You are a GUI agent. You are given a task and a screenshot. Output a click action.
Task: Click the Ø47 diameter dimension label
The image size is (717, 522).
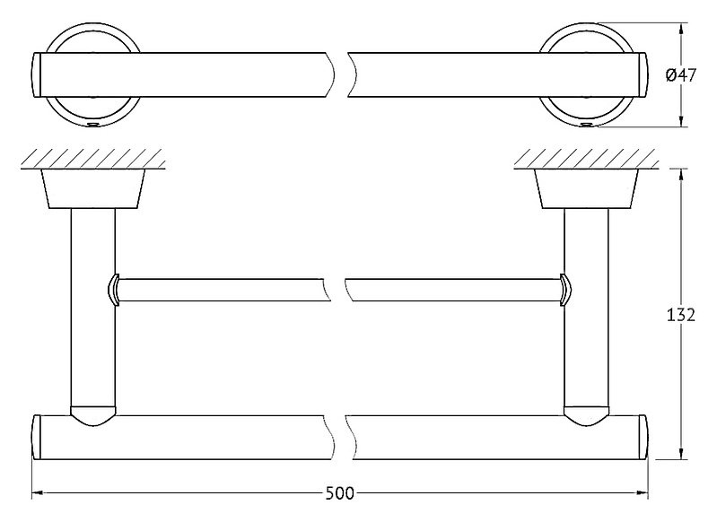(x=681, y=75)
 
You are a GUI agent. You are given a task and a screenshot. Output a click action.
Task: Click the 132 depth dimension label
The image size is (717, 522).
(x=680, y=315)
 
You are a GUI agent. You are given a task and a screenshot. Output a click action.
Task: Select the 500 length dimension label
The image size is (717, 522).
(x=340, y=493)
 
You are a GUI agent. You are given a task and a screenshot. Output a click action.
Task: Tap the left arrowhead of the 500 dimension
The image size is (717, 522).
(x=37, y=493)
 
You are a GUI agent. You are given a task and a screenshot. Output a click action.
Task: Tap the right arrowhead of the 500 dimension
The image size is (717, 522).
(x=643, y=493)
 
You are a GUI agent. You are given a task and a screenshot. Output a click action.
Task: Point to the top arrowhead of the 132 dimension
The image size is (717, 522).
(x=681, y=175)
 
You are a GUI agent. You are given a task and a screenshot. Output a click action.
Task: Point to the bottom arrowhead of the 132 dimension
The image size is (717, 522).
(x=681, y=453)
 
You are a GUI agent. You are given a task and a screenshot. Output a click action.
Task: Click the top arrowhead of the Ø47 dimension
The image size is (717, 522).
(x=681, y=29)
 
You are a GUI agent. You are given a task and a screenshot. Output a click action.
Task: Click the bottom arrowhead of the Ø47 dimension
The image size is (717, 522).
(x=681, y=121)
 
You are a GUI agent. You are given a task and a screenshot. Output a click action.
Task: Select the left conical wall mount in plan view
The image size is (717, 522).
(x=93, y=188)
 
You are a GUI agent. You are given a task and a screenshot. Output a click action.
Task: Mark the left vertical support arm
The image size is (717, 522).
(x=93, y=307)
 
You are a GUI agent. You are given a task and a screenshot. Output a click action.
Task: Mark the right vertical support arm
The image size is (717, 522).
(x=587, y=307)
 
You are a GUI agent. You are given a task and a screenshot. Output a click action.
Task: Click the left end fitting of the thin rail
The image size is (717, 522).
(x=113, y=290)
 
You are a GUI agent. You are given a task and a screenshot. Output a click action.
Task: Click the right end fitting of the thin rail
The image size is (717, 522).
(x=565, y=290)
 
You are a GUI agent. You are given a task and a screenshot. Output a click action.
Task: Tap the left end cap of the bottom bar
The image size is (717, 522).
(x=37, y=437)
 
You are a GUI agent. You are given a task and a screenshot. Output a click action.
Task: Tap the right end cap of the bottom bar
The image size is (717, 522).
(x=643, y=437)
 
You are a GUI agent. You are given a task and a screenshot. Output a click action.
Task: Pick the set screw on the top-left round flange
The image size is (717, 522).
(x=93, y=125)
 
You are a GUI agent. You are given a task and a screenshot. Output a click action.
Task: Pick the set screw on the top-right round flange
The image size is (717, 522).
(x=586, y=125)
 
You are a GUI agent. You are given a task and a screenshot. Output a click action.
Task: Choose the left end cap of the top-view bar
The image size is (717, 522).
(x=37, y=75)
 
